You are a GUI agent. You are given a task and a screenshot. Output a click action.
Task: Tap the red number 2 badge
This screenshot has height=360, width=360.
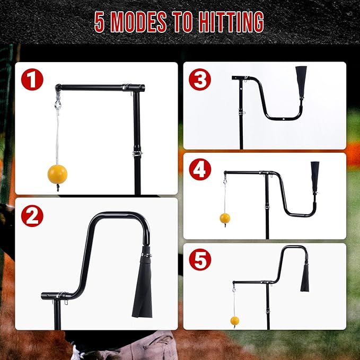pyautogui.click(x=32, y=216)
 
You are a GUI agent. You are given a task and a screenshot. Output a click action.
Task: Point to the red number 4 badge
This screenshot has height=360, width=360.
pyautogui.click(x=200, y=170)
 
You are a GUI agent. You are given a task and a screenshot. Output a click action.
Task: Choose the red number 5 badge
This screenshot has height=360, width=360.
pyautogui.click(x=200, y=260)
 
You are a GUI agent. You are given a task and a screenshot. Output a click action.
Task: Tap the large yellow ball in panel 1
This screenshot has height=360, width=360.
pyautogui.click(x=57, y=173)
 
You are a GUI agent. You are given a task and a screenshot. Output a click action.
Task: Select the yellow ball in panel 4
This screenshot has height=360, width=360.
pyautogui.click(x=225, y=218)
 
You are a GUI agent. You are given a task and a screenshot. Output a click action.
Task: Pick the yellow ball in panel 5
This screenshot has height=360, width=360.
pyautogui.click(x=234, y=320)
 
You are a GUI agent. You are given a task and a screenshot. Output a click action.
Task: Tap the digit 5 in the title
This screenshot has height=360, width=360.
pyautogui.click(x=100, y=22)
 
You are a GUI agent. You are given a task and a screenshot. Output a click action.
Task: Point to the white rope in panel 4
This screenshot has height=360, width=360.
pyautogui.click(x=225, y=199)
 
